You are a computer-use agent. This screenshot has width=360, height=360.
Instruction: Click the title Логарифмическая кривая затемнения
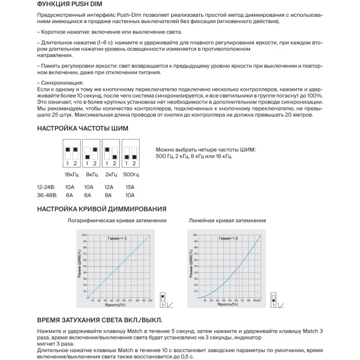[116, 221]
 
